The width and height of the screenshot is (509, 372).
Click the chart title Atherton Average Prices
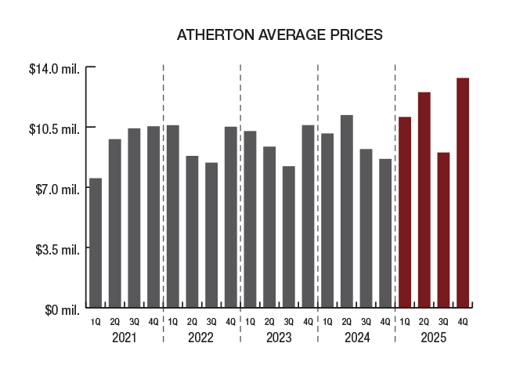click(279, 35)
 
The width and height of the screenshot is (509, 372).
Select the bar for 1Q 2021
click(96, 243)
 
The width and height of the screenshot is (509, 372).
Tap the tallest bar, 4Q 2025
click(463, 192)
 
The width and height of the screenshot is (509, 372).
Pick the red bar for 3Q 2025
click(443, 229)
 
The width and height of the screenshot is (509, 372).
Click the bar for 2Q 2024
click(346, 211)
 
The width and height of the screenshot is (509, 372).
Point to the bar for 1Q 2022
click(172, 216)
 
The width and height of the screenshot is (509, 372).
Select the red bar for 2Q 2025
click(424, 200)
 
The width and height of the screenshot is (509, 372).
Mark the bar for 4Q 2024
click(385, 233)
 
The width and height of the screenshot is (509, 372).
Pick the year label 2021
click(125, 338)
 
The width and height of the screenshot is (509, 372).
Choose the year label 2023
click(279, 338)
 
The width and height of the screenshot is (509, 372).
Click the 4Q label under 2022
click(230, 322)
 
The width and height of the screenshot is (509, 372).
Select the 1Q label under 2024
click(327, 322)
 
